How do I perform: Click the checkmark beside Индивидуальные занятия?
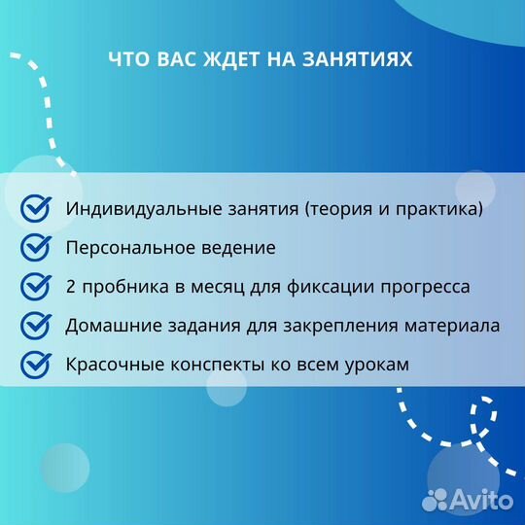(x=36, y=208)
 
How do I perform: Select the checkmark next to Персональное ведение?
(x=36, y=247)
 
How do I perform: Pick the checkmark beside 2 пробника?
(x=36, y=287)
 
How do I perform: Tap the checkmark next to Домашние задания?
(x=36, y=326)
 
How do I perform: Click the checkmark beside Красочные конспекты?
(x=36, y=365)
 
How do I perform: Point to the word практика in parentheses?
(x=437, y=209)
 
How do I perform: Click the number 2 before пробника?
(x=71, y=287)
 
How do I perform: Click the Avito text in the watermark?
(x=484, y=501)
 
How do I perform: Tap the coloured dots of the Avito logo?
(x=436, y=500)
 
